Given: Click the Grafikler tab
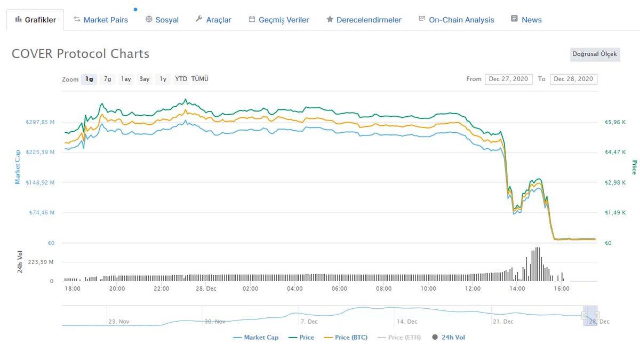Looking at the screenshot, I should (x=35, y=20).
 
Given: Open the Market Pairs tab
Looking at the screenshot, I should (x=101, y=20).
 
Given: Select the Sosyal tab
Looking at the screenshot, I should (x=162, y=20).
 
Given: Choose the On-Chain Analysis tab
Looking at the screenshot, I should (x=457, y=20).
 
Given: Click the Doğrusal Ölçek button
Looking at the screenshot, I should (x=594, y=54).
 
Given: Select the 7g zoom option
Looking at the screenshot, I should (x=108, y=79).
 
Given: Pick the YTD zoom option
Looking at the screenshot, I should (x=181, y=79).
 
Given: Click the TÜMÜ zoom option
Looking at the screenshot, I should (x=200, y=79).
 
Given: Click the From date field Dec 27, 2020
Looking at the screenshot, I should (x=508, y=79).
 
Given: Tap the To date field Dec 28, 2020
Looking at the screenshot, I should (x=573, y=79).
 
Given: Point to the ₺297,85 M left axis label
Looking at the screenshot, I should (x=41, y=122).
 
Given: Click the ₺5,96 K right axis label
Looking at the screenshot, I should (x=615, y=122).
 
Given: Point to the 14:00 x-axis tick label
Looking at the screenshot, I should (x=517, y=289).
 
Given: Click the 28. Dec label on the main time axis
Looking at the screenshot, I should (x=206, y=289).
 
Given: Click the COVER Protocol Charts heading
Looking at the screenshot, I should (x=81, y=54).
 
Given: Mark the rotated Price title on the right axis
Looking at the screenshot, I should (x=634, y=167).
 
